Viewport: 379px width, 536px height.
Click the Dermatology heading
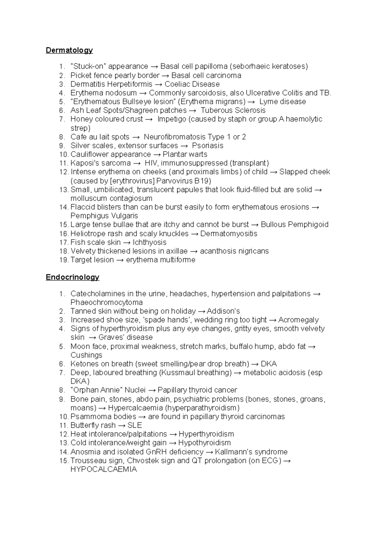(x=69, y=50)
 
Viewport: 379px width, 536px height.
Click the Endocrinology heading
(x=72, y=277)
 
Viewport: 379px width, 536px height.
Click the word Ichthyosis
(x=149, y=242)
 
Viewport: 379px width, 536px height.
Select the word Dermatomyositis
(x=229, y=234)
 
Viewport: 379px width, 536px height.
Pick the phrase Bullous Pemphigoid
(x=295, y=224)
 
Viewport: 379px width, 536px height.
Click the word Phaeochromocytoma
(x=106, y=302)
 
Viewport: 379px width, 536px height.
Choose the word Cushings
(x=86, y=355)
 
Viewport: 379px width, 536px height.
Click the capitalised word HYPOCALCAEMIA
(x=104, y=469)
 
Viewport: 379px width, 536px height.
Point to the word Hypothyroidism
(x=204, y=443)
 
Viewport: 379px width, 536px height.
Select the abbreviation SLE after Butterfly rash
(x=135, y=425)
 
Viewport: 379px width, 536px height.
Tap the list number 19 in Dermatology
(x=63, y=260)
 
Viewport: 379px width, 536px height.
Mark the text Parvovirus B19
(x=183, y=181)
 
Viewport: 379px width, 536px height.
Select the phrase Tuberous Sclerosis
(x=233, y=110)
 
